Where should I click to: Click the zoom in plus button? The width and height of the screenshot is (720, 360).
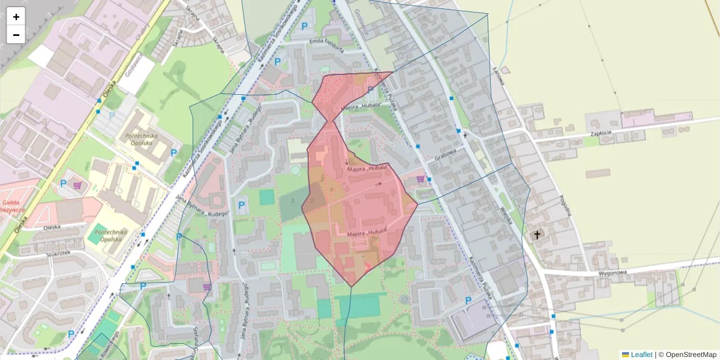[16, 17]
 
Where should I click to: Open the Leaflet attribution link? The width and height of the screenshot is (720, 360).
[641, 355]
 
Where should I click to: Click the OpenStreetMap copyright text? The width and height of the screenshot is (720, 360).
[690, 355]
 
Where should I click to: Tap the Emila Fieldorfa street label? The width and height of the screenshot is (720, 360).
[326, 42]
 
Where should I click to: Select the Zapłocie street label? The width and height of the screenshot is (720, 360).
[600, 134]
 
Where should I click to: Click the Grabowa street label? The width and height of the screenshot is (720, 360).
[446, 156]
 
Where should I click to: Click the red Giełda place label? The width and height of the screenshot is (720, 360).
[13, 206]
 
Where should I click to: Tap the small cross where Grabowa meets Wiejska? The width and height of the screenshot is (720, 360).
[464, 136]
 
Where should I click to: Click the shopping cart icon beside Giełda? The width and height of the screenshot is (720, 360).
[77, 185]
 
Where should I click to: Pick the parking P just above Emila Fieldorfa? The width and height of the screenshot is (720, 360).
[304, 26]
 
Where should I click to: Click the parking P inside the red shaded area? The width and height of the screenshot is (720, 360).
[370, 90]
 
